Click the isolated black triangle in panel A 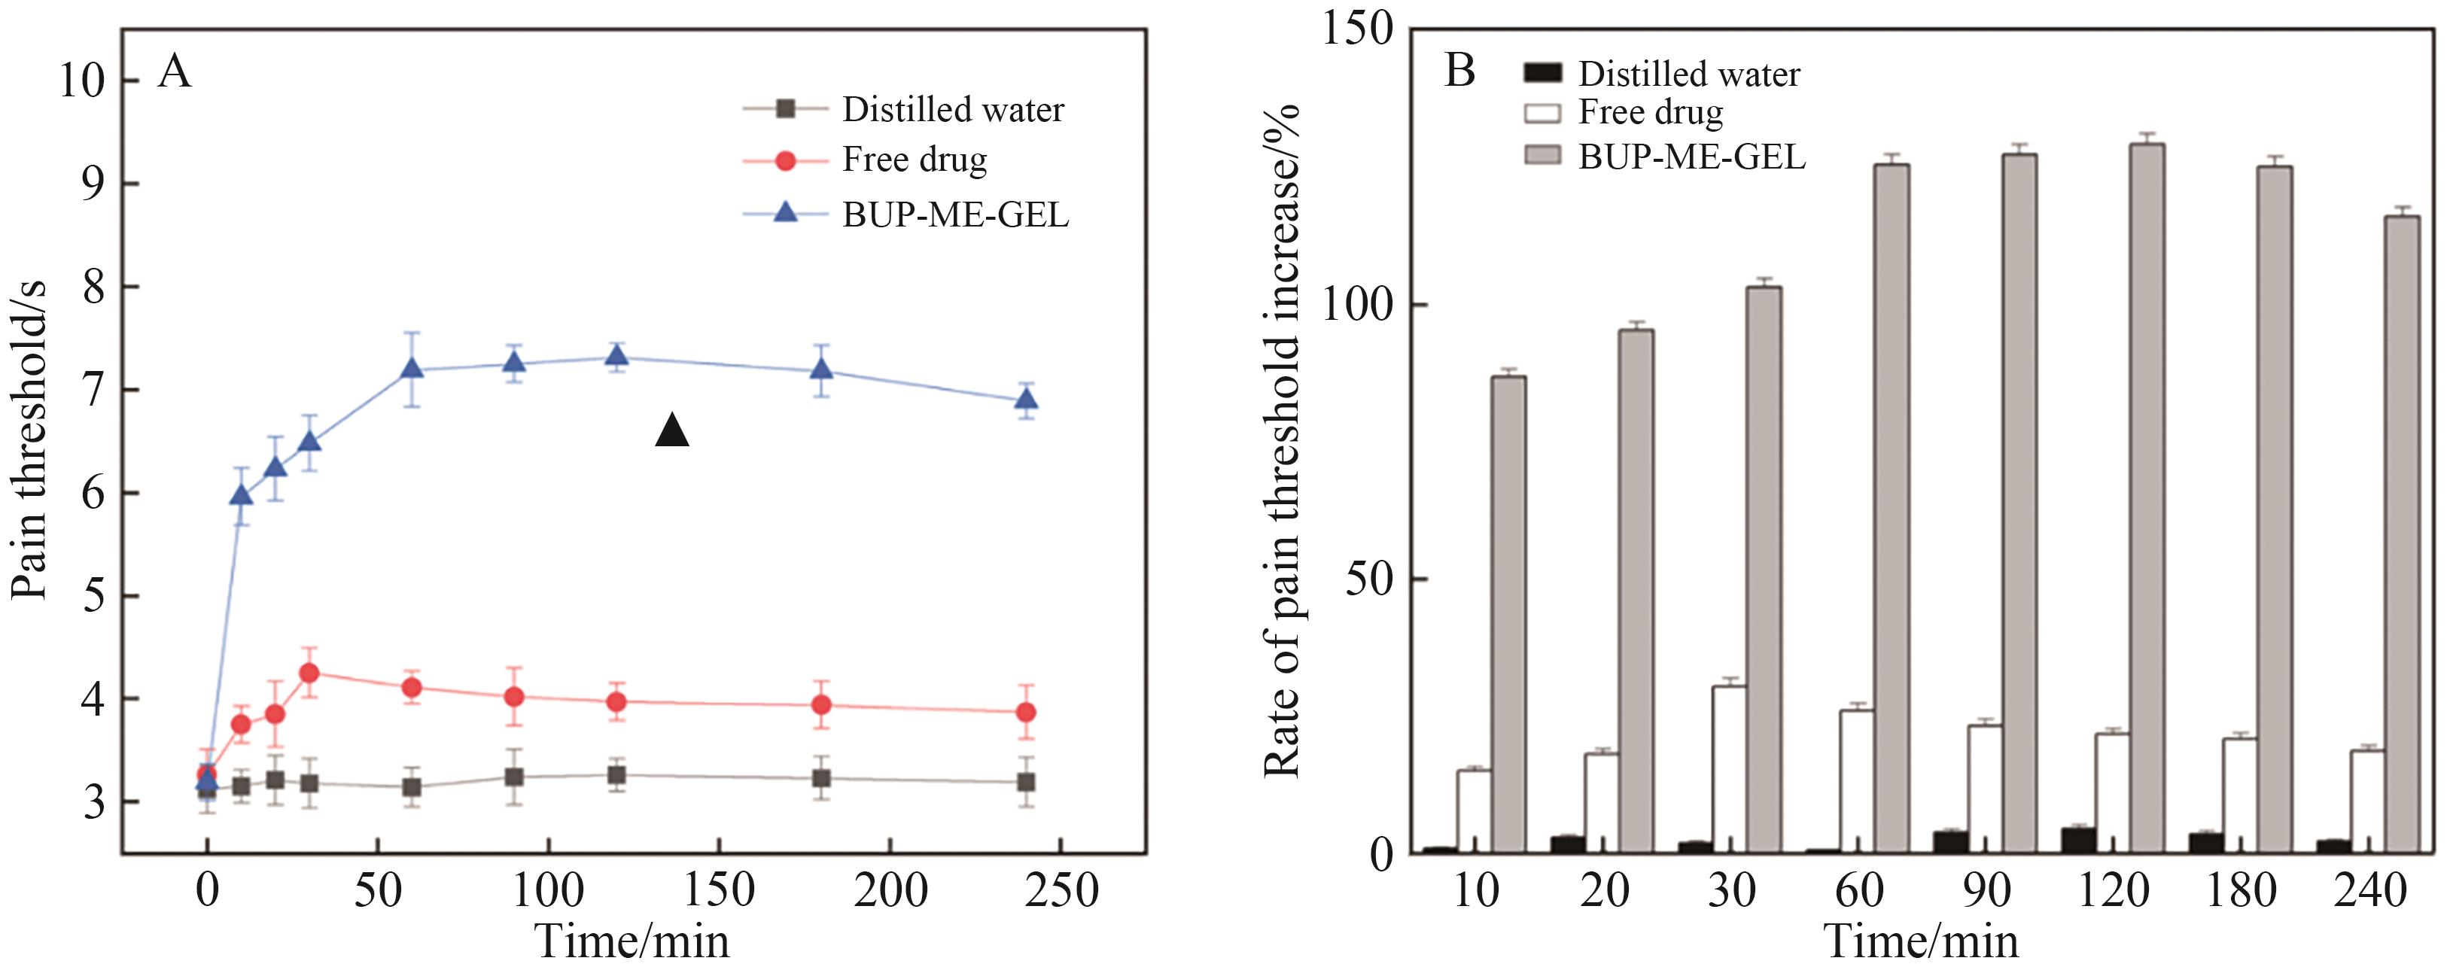[x=671, y=432]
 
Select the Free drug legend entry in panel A [x=914, y=160]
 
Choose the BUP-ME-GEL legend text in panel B [x=1691, y=156]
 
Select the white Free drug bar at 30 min [x=1729, y=768]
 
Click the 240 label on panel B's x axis [x=2369, y=891]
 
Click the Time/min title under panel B [x=1921, y=941]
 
